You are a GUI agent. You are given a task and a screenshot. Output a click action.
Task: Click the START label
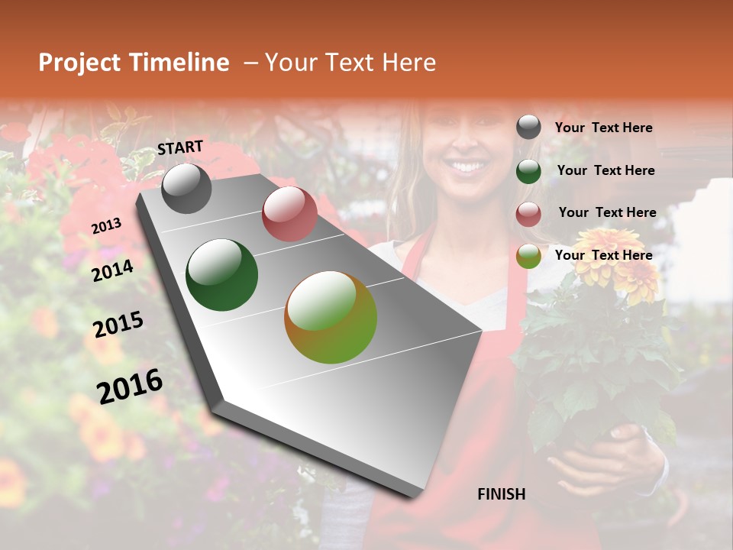click(x=180, y=147)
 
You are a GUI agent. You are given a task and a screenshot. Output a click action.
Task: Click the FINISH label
click(x=501, y=494)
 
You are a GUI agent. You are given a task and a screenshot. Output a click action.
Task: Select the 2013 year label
click(x=106, y=225)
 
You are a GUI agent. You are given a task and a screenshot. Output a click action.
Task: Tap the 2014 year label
click(x=112, y=270)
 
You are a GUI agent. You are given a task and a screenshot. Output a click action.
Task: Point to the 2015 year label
click(x=118, y=325)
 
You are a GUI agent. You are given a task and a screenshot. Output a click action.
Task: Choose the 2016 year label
click(x=130, y=386)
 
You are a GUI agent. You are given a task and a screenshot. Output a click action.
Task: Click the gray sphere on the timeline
click(x=186, y=188)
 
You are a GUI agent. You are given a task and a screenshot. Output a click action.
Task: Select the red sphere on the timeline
click(x=289, y=213)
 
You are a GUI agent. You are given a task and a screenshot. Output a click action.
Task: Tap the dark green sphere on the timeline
click(x=222, y=275)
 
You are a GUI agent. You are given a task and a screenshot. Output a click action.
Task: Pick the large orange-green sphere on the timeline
click(x=331, y=317)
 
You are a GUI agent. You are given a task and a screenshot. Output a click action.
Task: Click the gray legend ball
click(x=528, y=127)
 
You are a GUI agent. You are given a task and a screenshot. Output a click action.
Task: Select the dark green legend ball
click(x=528, y=171)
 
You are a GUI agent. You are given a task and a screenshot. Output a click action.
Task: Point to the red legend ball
click(x=528, y=214)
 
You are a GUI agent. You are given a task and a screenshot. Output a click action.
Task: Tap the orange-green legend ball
click(x=528, y=257)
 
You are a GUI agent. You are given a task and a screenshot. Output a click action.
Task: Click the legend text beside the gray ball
click(x=603, y=128)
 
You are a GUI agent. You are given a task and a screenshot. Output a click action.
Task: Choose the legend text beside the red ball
click(x=607, y=212)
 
